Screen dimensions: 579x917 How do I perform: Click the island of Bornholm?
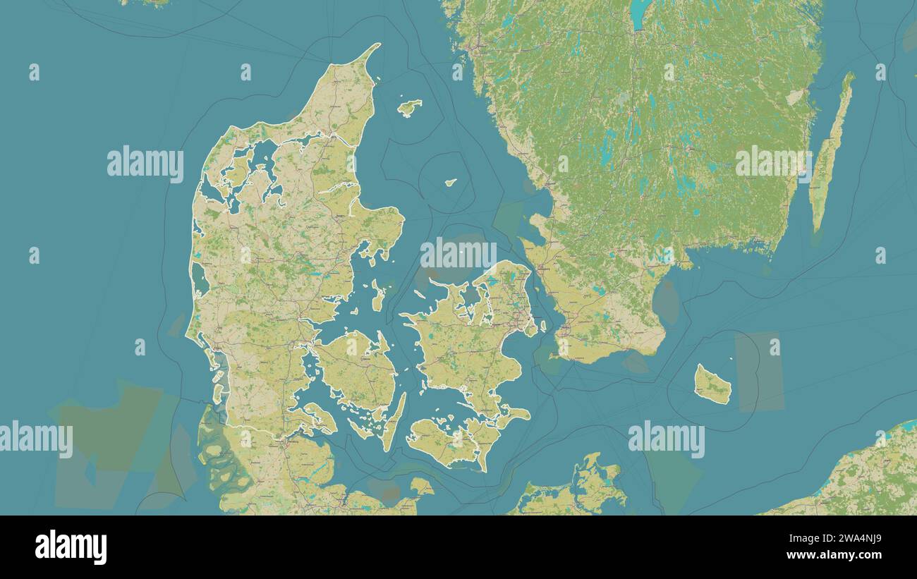[x=712, y=384]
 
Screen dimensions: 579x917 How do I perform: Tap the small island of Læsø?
[x=408, y=107]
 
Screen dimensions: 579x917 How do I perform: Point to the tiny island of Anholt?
[x=450, y=182]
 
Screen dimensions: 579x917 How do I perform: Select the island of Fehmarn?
[x=421, y=486]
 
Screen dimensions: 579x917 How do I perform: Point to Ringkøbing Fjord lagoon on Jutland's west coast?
[x=200, y=279]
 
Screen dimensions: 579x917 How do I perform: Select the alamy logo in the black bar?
[x=71, y=547]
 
